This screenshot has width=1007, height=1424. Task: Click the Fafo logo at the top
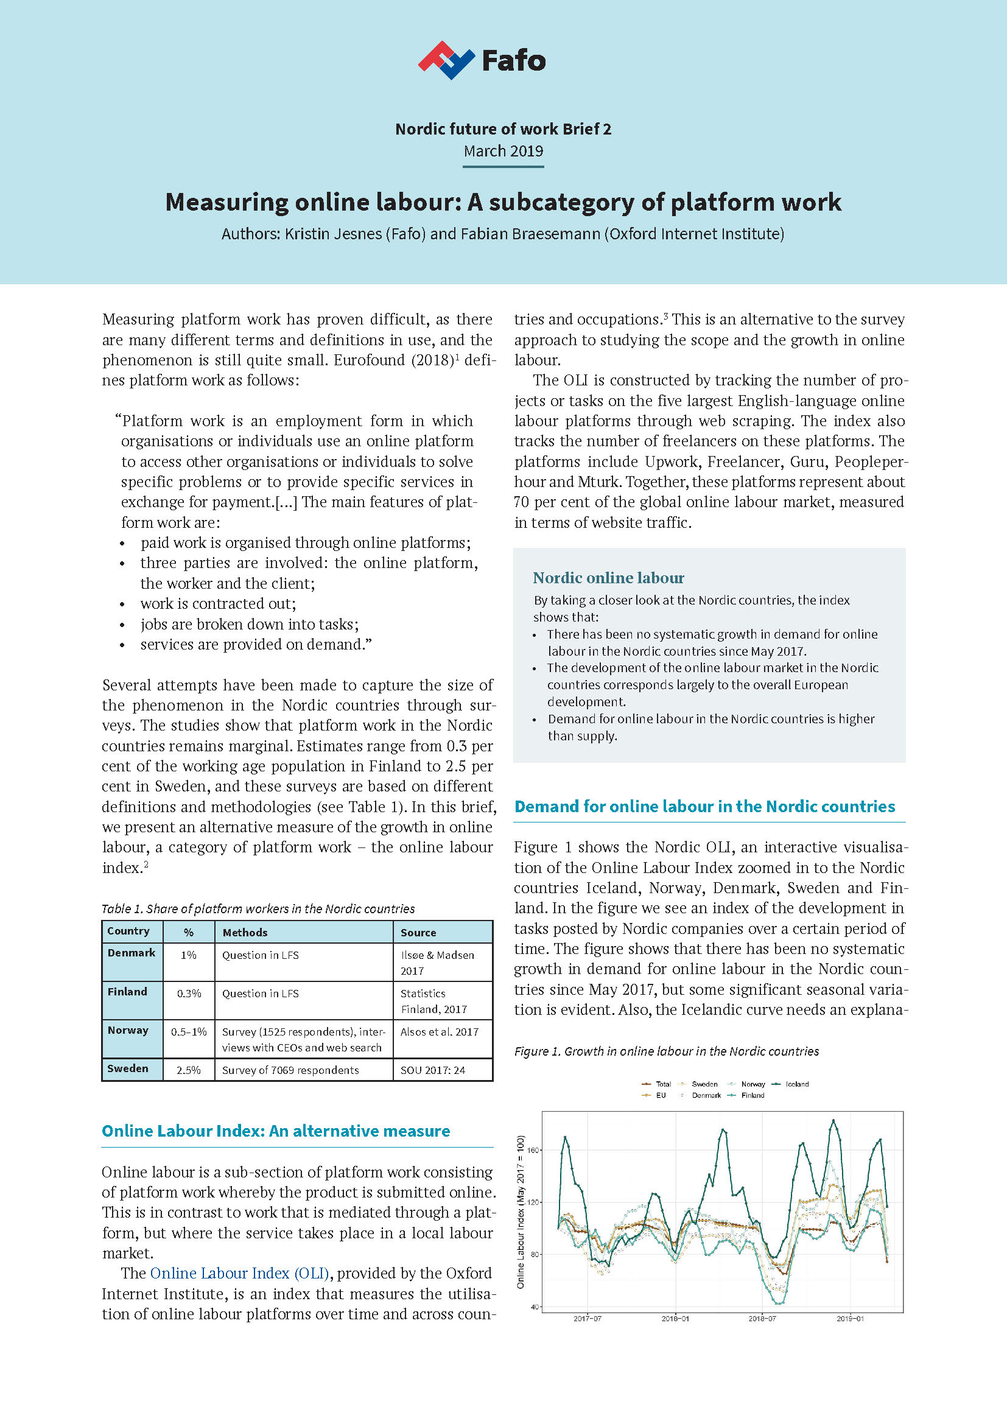point(482,60)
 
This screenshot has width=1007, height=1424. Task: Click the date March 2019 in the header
point(503,152)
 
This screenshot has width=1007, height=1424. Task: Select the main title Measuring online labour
point(503,202)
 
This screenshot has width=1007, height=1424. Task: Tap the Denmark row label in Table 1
point(132,953)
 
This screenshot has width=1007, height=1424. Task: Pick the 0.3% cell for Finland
point(189,994)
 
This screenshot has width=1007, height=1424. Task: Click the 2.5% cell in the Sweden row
point(189,1070)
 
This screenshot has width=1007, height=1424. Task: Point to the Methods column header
point(245,933)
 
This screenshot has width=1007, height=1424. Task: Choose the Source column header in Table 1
point(418,933)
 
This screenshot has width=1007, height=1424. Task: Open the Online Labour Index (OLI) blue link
point(239,1273)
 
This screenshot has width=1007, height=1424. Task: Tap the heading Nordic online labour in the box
point(608,578)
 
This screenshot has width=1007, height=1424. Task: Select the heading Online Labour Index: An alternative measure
point(276,1131)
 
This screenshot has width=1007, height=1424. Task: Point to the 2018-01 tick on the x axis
point(675,1319)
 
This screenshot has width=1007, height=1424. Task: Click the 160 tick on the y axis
point(534,1150)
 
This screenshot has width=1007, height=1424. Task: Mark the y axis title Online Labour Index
point(521,1212)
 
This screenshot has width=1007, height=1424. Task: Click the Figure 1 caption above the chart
point(667,1051)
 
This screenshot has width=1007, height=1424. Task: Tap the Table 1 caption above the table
point(258,909)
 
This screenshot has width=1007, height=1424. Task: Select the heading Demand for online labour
point(704,807)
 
